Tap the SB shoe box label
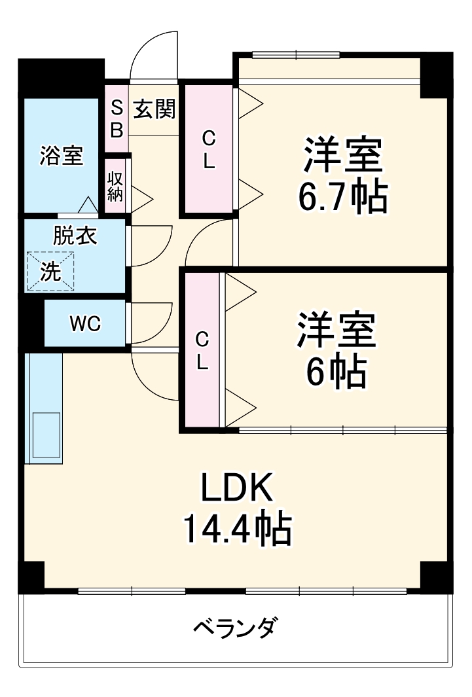point(116,118)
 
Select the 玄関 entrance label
point(154,109)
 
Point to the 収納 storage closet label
point(115,186)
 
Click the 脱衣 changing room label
point(75,236)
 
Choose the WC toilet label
point(85,323)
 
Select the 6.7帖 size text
point(342,196)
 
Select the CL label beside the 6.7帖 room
point(208,150)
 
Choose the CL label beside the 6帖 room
point(202,351)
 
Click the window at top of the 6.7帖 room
point(295,55)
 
